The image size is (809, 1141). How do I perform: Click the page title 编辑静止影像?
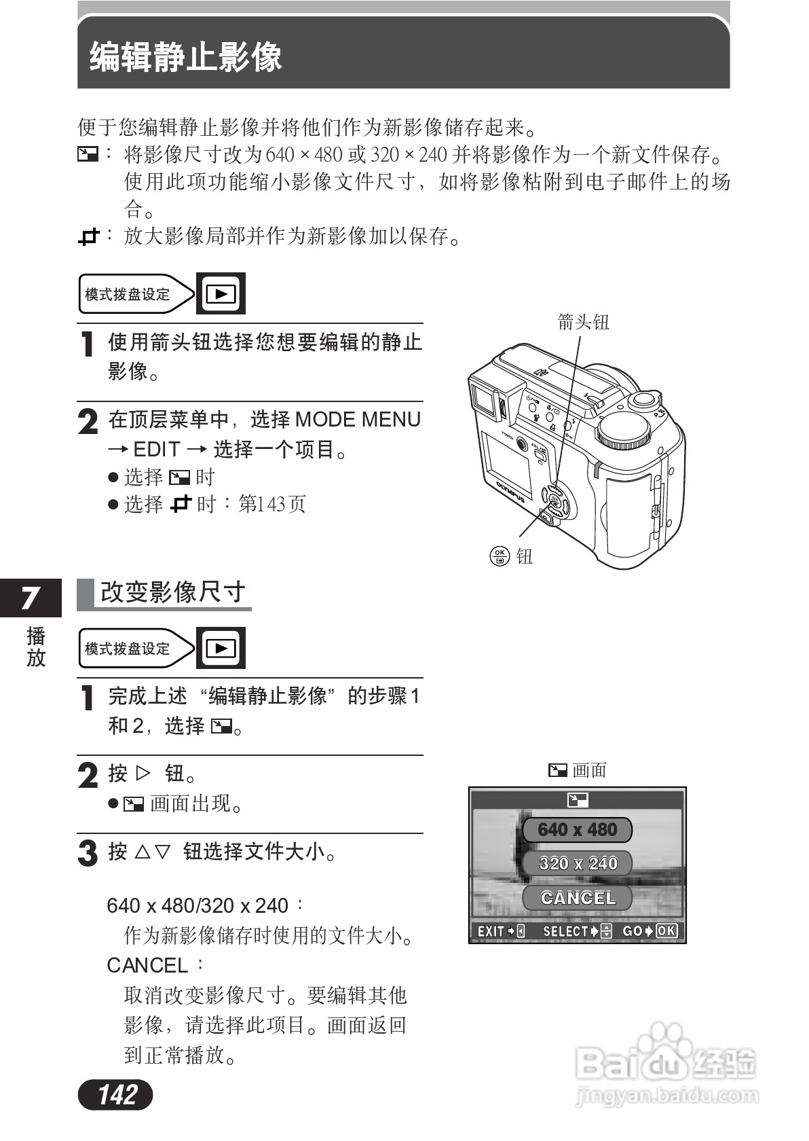click(x=185, y=57)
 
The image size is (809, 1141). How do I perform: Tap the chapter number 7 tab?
click(x=30, y=598)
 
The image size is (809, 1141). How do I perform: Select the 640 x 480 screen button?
click(x=577, y=830)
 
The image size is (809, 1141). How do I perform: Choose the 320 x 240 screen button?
click(x=577, y=864)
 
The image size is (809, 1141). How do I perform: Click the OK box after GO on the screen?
click(x=666, y=931)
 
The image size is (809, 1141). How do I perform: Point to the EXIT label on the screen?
click(x=490, y=931)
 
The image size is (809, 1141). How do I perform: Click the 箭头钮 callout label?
click(x=583, y=321)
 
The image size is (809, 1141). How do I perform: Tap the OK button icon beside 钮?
click(x=500, y=556)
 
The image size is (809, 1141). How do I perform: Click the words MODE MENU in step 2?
click(x=358, y=420)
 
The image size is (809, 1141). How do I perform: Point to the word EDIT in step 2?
click(x=156, y=450)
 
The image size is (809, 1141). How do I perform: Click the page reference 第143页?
click(x=272, y=504)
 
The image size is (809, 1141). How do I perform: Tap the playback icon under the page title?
click(x=221, y=293)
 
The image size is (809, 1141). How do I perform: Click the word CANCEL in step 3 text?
click(x=147, y=965)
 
